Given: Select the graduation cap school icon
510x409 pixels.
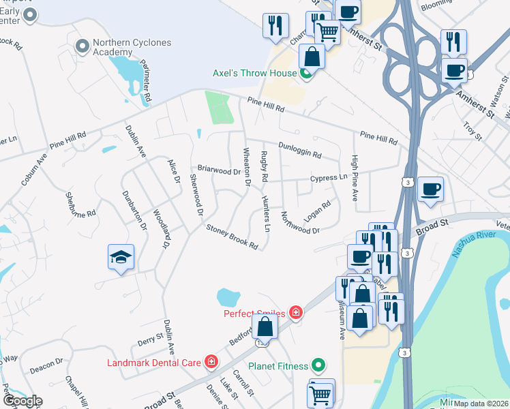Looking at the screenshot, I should click(121, 257).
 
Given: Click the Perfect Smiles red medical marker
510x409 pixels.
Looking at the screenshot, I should click(296, 313).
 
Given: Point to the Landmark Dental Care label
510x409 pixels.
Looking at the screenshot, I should click(153, 362).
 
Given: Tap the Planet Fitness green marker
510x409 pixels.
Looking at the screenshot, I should click(317, 365).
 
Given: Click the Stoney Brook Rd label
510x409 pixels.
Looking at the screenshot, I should click(232, 237).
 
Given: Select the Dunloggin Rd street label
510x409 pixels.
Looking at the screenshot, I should click(300, 149).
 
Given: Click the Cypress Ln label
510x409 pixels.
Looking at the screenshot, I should click(329, 178).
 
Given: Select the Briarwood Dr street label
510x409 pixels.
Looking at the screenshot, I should click(219, 169).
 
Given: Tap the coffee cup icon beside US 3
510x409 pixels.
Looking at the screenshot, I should click(430, 189).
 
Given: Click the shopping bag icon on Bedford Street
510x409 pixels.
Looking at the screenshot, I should click(265, 327).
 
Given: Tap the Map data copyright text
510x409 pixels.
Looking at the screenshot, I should click(480, 404).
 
